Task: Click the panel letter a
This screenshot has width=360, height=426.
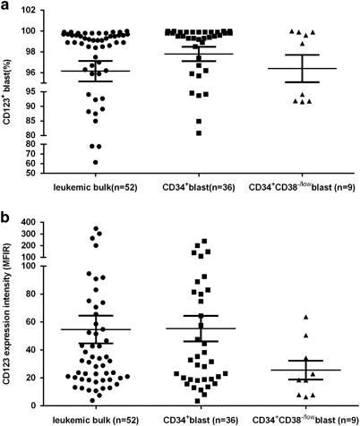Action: pos(6,7)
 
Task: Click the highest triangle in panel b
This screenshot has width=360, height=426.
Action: pos(305,317)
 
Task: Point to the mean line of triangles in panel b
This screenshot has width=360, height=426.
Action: pos(305,370)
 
